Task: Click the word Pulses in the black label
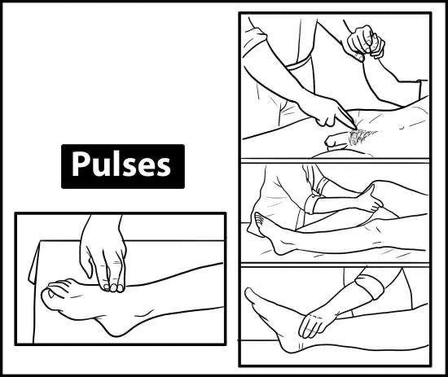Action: pos(121,164)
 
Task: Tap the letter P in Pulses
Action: pos(81,164)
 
